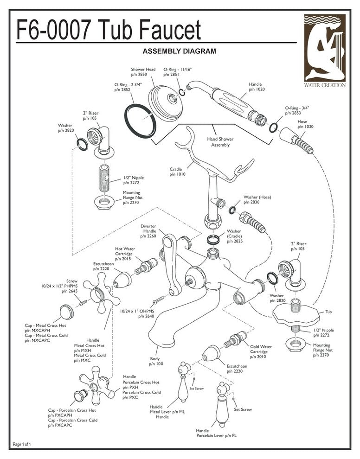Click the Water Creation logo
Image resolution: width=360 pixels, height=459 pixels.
click(x=325, y=51)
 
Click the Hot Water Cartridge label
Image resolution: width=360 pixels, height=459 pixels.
click(x=124, y=254)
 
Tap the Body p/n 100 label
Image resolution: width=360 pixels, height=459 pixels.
click(x=156, y=362)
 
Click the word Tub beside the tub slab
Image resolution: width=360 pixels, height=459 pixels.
click(x=329, y=312)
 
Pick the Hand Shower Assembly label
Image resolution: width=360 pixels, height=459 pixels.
click(x=220, y=142)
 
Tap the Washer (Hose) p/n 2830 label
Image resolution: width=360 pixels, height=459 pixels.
click(x=257, y=200)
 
